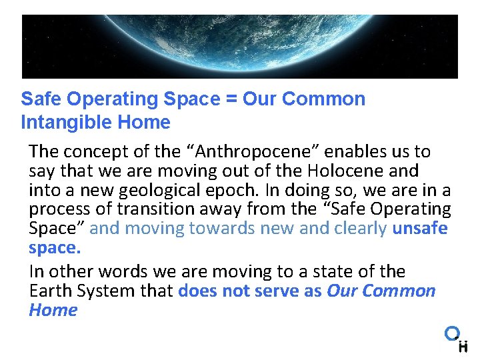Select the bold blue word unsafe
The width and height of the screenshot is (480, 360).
[x=420, y=228]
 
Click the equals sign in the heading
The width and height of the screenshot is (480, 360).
[x=232, y=99]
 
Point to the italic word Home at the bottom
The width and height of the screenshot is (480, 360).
[x=53, y=310]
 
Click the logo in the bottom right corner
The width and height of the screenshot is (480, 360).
[x=457, y=339]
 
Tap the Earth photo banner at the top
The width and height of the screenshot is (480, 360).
[x=240, y=47]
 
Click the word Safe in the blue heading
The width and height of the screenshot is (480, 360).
[x=41, y=99]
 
